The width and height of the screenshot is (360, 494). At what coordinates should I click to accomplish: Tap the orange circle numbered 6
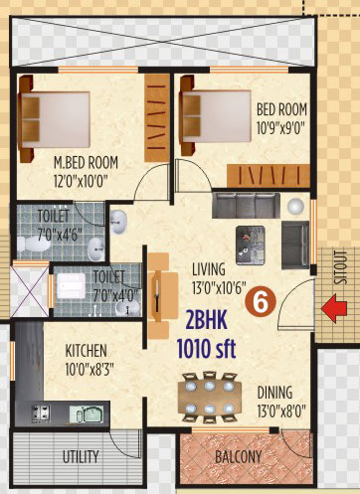[x=261, y=301]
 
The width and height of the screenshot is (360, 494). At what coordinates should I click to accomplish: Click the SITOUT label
[x=341, y=268]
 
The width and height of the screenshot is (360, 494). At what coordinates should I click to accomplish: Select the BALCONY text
[x=239, y=457]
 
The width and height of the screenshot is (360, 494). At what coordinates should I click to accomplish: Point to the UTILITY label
[x=81, y=456]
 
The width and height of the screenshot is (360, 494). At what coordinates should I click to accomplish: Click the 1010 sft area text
[x=206, y=349]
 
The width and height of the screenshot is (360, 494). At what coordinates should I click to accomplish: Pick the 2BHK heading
[x=207, y=321]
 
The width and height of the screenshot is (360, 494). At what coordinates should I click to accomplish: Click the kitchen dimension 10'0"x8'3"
[x=90, y=369]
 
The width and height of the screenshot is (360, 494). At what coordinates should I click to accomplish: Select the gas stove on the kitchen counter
[x=41, y=412]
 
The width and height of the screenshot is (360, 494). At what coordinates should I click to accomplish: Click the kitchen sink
[x=87, y=413]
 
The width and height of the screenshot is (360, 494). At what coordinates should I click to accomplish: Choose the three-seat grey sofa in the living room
[x=246, y=205]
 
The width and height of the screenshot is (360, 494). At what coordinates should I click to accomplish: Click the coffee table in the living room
[x=251, y=246]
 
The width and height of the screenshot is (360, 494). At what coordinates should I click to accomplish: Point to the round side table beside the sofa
[x=295, y=207]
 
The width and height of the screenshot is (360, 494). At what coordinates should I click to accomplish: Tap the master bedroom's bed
[x=55, y=119]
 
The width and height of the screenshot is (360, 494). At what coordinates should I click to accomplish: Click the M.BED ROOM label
[x=86, y=163]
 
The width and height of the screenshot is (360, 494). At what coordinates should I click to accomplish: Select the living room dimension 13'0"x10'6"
[x=219, y=287]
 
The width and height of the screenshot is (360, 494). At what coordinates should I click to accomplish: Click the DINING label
[x=274, y=393]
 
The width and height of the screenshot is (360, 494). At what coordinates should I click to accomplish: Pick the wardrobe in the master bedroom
[x=157, y=117]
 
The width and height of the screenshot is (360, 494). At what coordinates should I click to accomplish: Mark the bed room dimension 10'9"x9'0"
[x=280, y=128]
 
